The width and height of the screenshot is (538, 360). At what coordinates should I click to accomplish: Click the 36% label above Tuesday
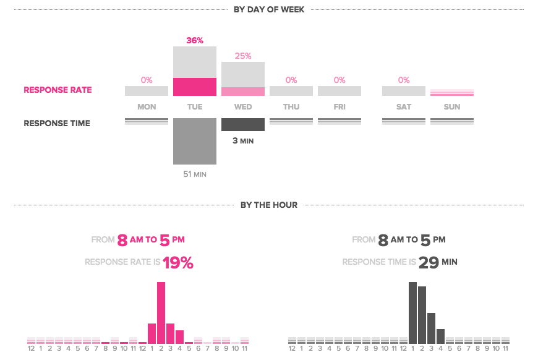pyautogui.click(x=195, y=40)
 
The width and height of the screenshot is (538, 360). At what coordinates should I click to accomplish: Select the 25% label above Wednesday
pyautogui.click(x=243, y=56)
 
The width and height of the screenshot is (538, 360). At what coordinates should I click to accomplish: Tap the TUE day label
pyautogui.click(x=195, y=107)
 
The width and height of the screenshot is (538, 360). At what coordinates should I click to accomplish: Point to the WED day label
pyautogui.click(x=243, y=107)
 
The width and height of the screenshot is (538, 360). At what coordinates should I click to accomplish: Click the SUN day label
pyautogui.click(x=452, y=107)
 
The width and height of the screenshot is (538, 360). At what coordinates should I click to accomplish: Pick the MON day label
pyautogui.click(x=147, y=107)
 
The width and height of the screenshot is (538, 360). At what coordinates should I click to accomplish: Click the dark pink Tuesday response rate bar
pyautogui.click(x=195, y=87)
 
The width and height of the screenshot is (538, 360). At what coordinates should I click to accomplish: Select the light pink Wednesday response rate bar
pyautogui.click(x=243, y=92)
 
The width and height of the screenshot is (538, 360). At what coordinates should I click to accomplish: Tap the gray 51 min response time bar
pyautogui.click(x=195, y=141)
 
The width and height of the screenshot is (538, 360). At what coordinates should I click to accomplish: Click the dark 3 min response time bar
pyautogui.click(x=243, y=124)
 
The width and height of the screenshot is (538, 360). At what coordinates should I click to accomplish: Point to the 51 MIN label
pyautogui.click(x=195, y=174)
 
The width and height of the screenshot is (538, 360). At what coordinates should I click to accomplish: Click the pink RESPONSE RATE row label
pyautogui.click(x=58, y=90)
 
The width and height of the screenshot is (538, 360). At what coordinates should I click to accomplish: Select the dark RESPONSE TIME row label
pyautogui.click(x=57, y=123)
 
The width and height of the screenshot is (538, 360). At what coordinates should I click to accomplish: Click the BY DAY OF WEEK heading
pyautogui.click(x=269, y=9)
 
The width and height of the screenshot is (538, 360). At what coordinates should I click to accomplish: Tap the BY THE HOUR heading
pyautogui.click(x=269, y=205)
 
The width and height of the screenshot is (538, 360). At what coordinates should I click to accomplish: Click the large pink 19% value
pyautogui.click(x=178, y=263)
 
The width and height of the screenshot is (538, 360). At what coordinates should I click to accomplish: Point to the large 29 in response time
pyautogui.click(x=429, y=263)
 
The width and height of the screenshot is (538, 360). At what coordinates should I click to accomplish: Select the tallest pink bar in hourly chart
pyautogui.click(x=161, y=312)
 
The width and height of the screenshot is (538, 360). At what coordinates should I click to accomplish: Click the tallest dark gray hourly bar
pyautogui.click(x=412, y=312)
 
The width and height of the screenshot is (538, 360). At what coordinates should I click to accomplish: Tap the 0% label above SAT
pyautogui.click(x=404, y=80)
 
